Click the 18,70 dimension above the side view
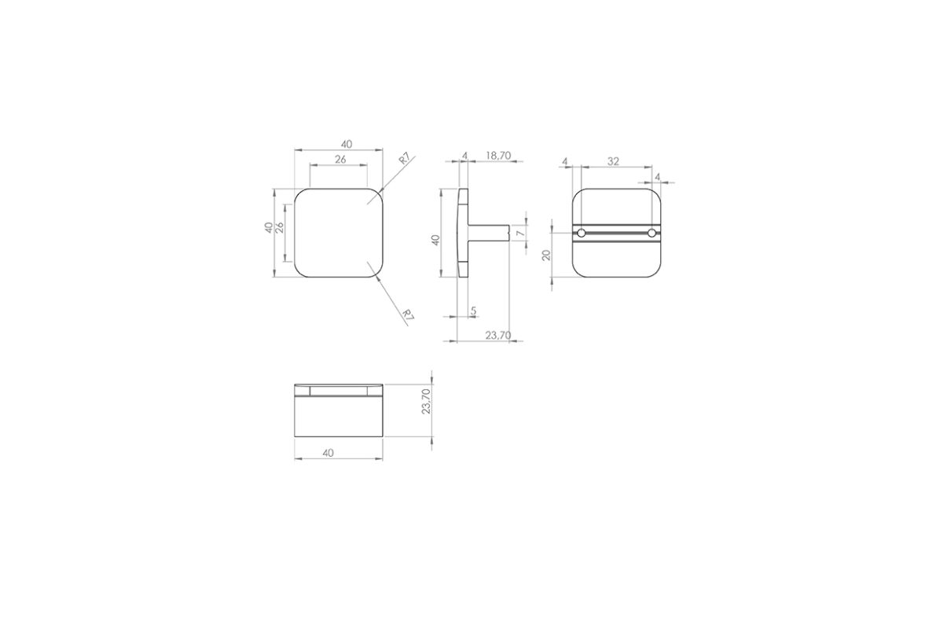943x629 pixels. [498, 156]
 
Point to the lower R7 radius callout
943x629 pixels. [407, 314]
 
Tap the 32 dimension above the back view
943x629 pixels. [614, 161]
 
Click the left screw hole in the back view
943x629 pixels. [582, 233]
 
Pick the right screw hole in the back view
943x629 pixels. [651, 233]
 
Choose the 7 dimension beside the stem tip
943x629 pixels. [521, 233]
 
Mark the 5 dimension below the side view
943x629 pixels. [473, 311]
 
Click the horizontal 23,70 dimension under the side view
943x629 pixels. [498, 336]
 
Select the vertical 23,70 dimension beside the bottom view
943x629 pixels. [427, 401]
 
